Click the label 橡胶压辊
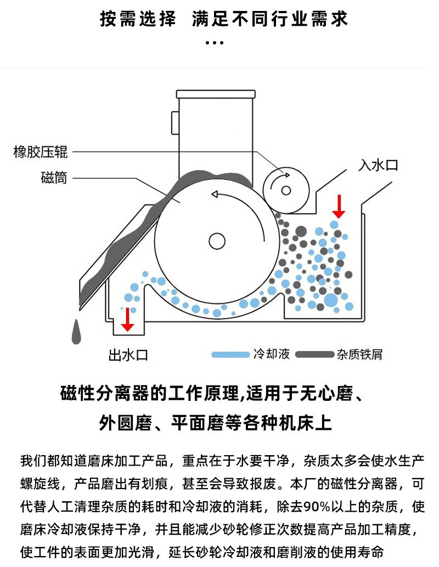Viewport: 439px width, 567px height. point(40,151)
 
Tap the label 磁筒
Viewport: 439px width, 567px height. point(54,178)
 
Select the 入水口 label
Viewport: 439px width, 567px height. point(378,165)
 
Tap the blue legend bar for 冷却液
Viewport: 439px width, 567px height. point(230,354)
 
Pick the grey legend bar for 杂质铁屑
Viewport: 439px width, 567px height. point(314,354)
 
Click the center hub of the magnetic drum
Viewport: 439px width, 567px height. point(216,240)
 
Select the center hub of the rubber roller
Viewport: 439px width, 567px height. point(285,190)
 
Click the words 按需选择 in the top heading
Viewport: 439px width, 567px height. point(138,20)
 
